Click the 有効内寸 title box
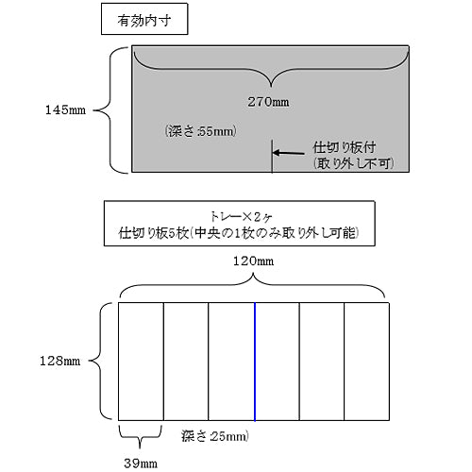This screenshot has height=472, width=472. click(144, 19)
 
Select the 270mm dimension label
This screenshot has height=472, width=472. click(268, 102)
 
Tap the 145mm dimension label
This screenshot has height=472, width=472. click(65, 110)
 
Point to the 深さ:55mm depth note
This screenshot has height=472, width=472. click(200, 131)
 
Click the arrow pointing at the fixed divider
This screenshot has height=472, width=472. click(289, 153)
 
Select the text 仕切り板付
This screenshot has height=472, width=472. click(345, 147)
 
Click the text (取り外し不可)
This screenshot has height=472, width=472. click(353, 163)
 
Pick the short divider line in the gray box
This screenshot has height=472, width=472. click(272, 156)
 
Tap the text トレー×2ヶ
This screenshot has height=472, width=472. click(241, 216)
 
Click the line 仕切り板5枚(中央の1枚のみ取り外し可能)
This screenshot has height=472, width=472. click(239, 233)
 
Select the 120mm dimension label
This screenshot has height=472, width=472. click(253, 261)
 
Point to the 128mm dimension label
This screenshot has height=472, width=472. click(59, 361)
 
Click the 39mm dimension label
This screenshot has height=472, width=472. click(141, 464)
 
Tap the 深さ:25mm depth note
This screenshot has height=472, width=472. click(215, 436)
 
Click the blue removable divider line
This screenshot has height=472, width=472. click(255, 362)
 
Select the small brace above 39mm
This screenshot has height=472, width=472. click(140, 437)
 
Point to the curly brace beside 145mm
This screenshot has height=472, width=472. click(110, 110)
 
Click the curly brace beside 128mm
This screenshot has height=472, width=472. click(101, 361)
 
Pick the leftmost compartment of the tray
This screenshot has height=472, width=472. click(141, 362)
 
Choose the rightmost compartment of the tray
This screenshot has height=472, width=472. click(367, 362)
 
